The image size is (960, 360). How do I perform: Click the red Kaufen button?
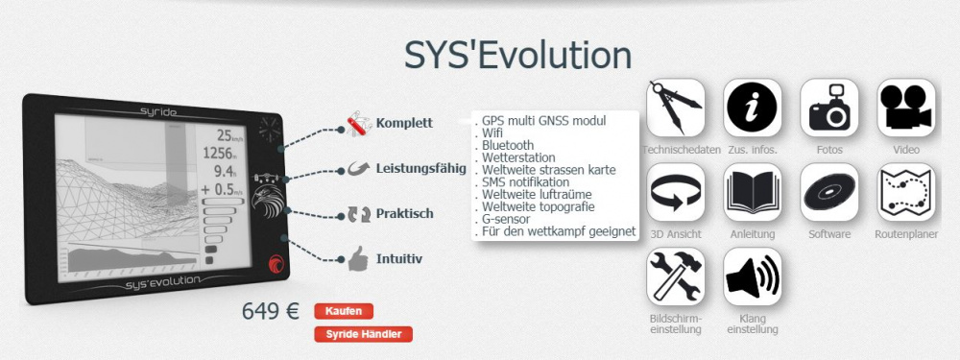(344, 311)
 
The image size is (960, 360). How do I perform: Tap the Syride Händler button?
(363, 334)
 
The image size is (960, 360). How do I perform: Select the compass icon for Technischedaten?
(675, 108)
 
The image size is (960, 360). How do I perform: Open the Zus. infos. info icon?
(753, 108)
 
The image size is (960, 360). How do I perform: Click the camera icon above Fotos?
(829, 108)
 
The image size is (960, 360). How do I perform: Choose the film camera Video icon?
(906, 108)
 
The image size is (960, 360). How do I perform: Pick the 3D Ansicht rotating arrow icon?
(675, 192)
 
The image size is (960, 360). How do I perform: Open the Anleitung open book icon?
(753, 192)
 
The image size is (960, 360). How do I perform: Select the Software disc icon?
(829, 192)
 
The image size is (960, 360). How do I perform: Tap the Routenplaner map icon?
(906, 192)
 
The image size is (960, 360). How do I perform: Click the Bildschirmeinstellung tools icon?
(675, 276)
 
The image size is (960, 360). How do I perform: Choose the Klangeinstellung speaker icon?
(753, 276)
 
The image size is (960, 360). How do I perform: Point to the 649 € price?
(271, 311)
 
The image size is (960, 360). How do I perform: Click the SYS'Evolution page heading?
(517, 55)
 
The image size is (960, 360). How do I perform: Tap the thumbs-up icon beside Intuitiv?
(357, 258)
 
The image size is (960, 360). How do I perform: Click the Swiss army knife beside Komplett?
(359, 123)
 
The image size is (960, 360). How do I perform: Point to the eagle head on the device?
(268, 201)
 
